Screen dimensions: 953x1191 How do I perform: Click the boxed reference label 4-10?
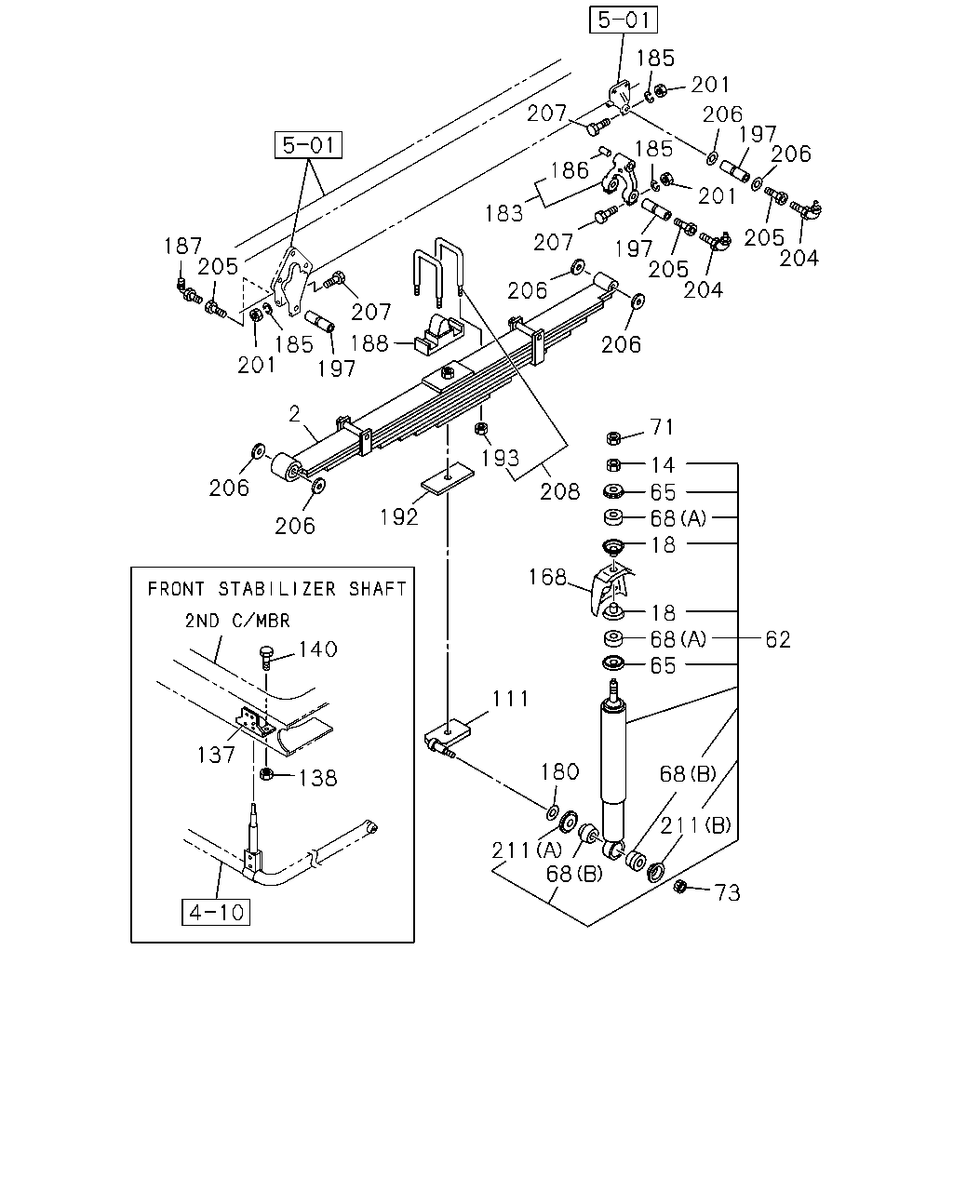(x=216, y=912)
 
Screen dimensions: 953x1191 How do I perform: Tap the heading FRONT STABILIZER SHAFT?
(x=277, y=589)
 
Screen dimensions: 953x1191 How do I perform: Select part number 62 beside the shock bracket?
(x=778, y=639)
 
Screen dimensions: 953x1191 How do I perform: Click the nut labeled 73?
(x=680, y=887)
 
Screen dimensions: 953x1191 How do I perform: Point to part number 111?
(x=511, y=699)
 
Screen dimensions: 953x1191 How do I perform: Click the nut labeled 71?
(x=613, y=438)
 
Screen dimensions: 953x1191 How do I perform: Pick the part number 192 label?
(x=398, y=517)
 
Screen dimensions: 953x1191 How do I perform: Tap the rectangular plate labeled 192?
(x=448, y=478)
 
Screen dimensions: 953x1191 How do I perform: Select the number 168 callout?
(x=547, y=577)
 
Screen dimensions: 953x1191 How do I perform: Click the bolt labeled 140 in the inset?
(x=266, y=658)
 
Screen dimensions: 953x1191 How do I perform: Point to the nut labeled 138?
(x=266, y=774)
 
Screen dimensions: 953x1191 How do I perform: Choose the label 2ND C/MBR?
(x=237, y=621)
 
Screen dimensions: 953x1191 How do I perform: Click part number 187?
(x=182, y=246)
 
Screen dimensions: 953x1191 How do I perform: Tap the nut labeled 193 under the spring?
(x=481, y=428)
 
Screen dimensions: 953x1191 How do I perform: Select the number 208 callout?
(x=560, y=491)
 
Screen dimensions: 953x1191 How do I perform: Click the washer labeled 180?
(x=553, y=812)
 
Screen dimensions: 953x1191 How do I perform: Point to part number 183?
(x=503, y=213)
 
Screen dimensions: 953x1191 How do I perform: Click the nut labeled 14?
(x=613, y=464)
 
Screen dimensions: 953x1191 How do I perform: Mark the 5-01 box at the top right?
(x=624, y=20)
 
